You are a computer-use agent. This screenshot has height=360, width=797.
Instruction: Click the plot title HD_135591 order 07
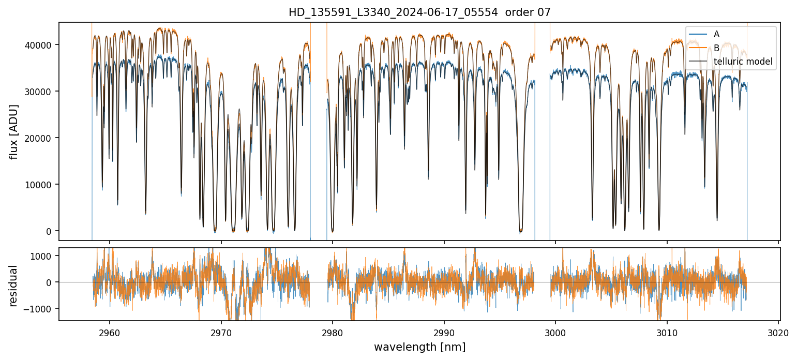click(x=419, y=12)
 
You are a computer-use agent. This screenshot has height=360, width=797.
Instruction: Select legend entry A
click(x=716, y=34)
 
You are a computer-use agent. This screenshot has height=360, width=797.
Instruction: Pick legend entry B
click(x=716, y=48)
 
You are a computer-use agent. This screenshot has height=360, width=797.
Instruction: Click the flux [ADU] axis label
click(x=14, y=131)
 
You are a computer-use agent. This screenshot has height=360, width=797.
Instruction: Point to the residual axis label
click(x=14, y=286)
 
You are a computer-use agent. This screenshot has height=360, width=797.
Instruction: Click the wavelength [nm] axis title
click(x=419, y=347)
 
